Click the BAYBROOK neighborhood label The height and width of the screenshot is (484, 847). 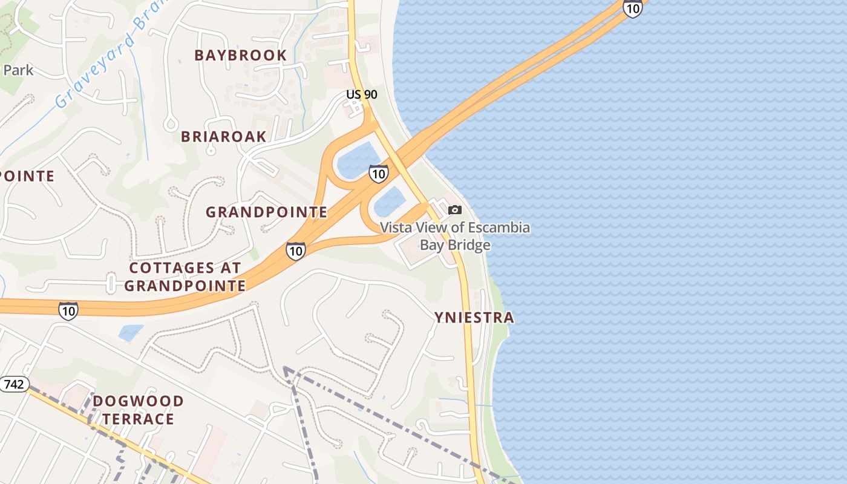(x=240, y=55)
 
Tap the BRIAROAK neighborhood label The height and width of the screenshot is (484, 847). (x=223, y=136)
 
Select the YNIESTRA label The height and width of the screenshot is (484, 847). (x=474, y=317)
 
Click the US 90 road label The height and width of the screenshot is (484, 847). (x=362, y=94)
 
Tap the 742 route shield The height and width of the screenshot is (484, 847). (x=13, y=384)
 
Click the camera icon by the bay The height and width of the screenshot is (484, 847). (x=454, y=210)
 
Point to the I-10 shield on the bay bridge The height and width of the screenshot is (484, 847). (x=632, y=8)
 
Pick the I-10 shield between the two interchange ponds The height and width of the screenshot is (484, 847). (x=378, y=174)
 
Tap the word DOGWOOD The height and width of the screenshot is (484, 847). (x=139, y=401)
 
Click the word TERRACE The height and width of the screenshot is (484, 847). (x=138, y=419)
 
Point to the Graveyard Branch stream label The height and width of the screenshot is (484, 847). (x=103, y=61)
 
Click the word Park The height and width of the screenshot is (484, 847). (x=18, y=70)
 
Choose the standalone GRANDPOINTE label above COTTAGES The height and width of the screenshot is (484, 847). (x=266, y=212)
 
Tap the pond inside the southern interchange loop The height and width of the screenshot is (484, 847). (x=390, y=201)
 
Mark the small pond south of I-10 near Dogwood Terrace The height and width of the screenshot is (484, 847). (x=131, y=332)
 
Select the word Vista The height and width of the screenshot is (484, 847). (x=397, y=228)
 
